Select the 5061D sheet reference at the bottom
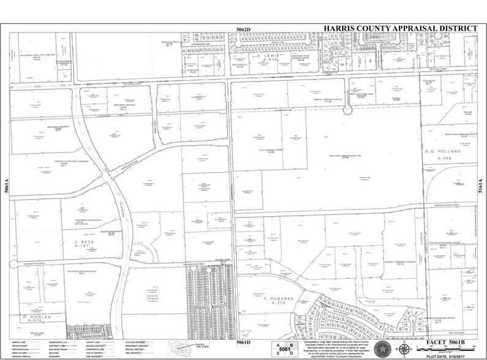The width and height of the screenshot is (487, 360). [x=244, y=336]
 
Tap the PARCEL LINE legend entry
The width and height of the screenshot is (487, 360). [x=22, y=339]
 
